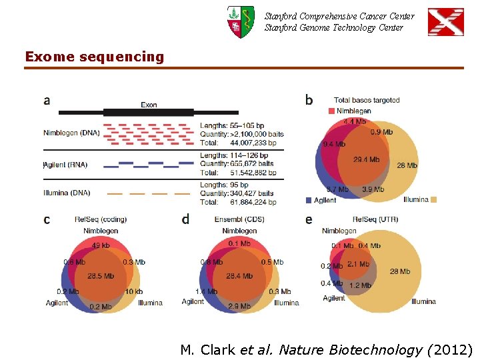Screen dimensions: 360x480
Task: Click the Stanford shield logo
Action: [240, 21]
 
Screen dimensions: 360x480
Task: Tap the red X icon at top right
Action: [445, 21]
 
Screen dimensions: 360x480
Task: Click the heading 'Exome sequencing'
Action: [95, 57]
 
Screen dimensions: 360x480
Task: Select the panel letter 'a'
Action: [47, 101]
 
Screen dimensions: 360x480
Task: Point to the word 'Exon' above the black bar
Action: [149, 105]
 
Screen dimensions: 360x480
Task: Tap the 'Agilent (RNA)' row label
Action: [65, 165]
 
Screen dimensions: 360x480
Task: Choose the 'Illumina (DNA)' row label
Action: [68, 193]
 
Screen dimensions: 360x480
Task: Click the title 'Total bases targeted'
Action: [367, 100]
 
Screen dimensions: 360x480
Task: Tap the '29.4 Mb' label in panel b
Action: [366, 160]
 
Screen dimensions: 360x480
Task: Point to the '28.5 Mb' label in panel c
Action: [101, 276]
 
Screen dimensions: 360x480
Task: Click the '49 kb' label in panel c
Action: [101, 245]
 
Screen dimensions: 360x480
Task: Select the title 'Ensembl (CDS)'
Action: [239, 220]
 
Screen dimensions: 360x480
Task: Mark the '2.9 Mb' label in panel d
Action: [239, 306]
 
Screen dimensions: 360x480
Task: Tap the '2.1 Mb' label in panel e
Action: [358, 265]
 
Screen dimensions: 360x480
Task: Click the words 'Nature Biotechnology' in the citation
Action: [351, 350]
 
